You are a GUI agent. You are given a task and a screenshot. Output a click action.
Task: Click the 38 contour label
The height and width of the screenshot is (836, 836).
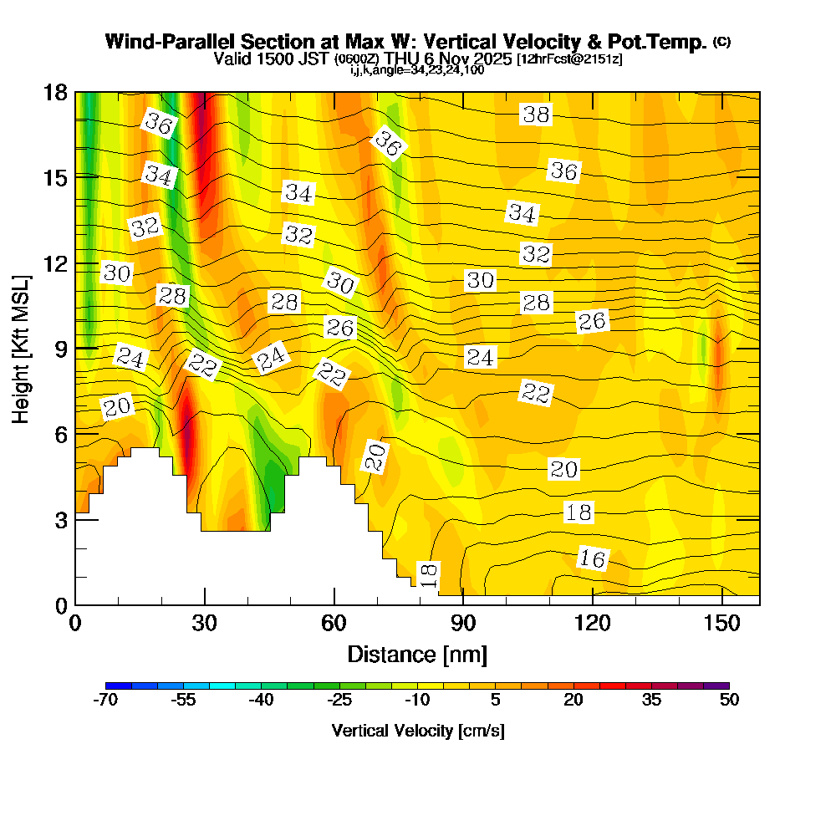(x=536, y=115)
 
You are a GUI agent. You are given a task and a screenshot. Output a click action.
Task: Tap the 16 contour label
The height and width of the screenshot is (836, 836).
(x=592, y=558)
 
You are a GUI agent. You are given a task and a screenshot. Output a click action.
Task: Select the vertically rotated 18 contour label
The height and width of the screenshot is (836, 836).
(x=428, y=574)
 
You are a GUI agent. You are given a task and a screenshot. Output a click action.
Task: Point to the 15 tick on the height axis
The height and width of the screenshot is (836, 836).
(x=55, y=177)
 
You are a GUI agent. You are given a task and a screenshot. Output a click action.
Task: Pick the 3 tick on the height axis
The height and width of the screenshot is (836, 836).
(x=60, y=519)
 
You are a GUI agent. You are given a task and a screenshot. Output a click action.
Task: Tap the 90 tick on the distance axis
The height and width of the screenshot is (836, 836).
(x=463, y=623)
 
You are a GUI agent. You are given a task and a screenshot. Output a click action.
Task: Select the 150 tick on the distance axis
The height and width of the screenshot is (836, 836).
(x=721, y=623)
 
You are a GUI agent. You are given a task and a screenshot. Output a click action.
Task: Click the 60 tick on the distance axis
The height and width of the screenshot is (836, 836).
(x=334, y=623)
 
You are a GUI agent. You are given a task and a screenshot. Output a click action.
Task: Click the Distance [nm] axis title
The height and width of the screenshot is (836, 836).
(x=417, y=653)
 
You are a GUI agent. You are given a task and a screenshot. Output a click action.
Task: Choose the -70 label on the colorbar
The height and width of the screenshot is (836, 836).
(x=106, y=701)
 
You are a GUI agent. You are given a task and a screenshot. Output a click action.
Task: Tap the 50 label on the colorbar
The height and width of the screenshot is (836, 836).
(x=729, y=701)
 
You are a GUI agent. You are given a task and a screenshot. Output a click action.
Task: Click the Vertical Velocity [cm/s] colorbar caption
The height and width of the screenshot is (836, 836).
(x=417, y=731)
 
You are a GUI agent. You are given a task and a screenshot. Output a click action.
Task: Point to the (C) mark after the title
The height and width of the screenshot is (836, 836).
(x=721, y=42)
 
